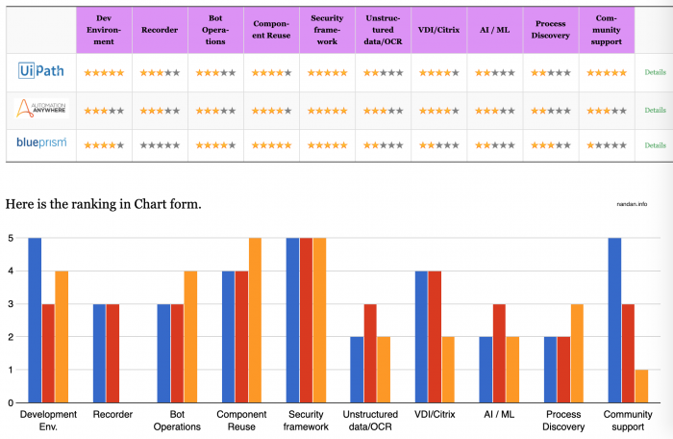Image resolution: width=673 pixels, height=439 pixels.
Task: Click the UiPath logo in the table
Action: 40,72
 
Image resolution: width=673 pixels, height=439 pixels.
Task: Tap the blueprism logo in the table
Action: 40,144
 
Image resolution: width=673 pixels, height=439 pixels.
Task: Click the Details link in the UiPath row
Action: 655,72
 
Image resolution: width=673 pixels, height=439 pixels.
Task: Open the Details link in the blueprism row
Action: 655,145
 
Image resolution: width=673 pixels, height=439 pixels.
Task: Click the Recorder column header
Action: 159,28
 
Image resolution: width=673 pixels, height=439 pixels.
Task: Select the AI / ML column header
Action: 494,28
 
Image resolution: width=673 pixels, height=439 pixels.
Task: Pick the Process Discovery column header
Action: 551,28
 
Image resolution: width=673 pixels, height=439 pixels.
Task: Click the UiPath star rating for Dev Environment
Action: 104,73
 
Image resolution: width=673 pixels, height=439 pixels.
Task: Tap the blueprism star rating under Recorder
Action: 159,145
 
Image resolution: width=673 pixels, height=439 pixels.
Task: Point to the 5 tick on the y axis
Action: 10,238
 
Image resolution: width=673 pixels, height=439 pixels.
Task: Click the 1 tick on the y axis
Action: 10,370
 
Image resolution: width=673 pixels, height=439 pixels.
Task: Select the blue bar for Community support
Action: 612,320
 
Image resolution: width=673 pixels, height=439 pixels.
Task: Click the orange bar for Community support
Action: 639,386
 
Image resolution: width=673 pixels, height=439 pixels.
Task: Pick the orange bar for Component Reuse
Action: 254,320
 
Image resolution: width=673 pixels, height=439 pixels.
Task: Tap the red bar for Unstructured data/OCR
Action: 370,352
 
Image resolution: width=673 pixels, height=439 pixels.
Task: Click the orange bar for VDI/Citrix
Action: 448,370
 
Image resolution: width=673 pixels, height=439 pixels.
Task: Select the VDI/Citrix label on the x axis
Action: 435,414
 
